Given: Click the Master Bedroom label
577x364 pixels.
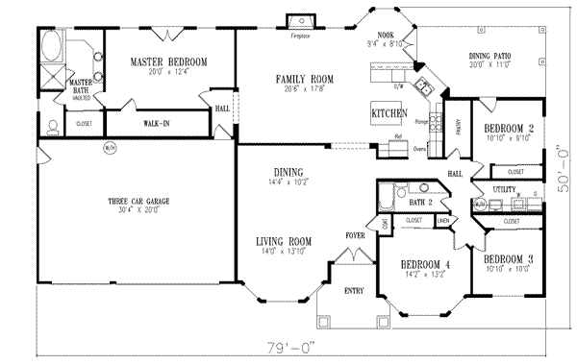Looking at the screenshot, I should [169, 62].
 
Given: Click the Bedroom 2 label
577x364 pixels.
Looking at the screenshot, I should [509, 128].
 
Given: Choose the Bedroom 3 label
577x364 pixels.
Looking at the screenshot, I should [508, 259].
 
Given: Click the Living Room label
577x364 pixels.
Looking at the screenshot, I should [282, 241].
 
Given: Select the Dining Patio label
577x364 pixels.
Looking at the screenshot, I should [489, 57].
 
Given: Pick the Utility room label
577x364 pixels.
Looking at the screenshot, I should [504, 191].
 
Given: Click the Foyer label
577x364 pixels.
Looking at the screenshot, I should [354, 234].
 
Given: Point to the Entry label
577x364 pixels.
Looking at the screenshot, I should [354, 289].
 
